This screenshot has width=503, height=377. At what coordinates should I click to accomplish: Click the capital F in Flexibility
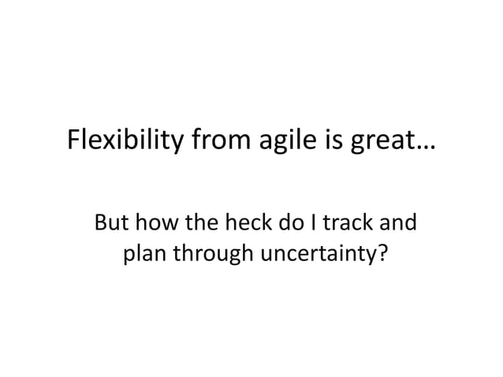tap(73, 143)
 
